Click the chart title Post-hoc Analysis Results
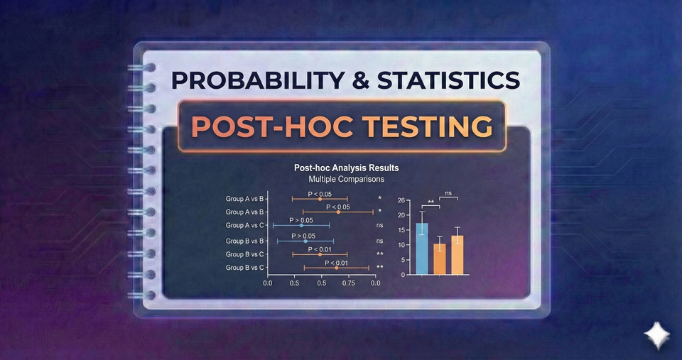[x=346, y=168]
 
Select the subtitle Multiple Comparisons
[x=346, y=180]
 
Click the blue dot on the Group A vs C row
[x=302, y=225]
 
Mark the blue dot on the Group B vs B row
[x=305, y=241]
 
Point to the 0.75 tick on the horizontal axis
[x=348, y=282]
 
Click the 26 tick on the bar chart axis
[x=401, y=201]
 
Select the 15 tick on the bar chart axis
[x=401, y=230]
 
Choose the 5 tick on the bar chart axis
[x=403, y=260]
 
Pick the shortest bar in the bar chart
[x=440, y=259]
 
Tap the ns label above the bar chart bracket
[x=449, y=193]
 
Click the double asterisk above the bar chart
[x=431, y=202]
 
